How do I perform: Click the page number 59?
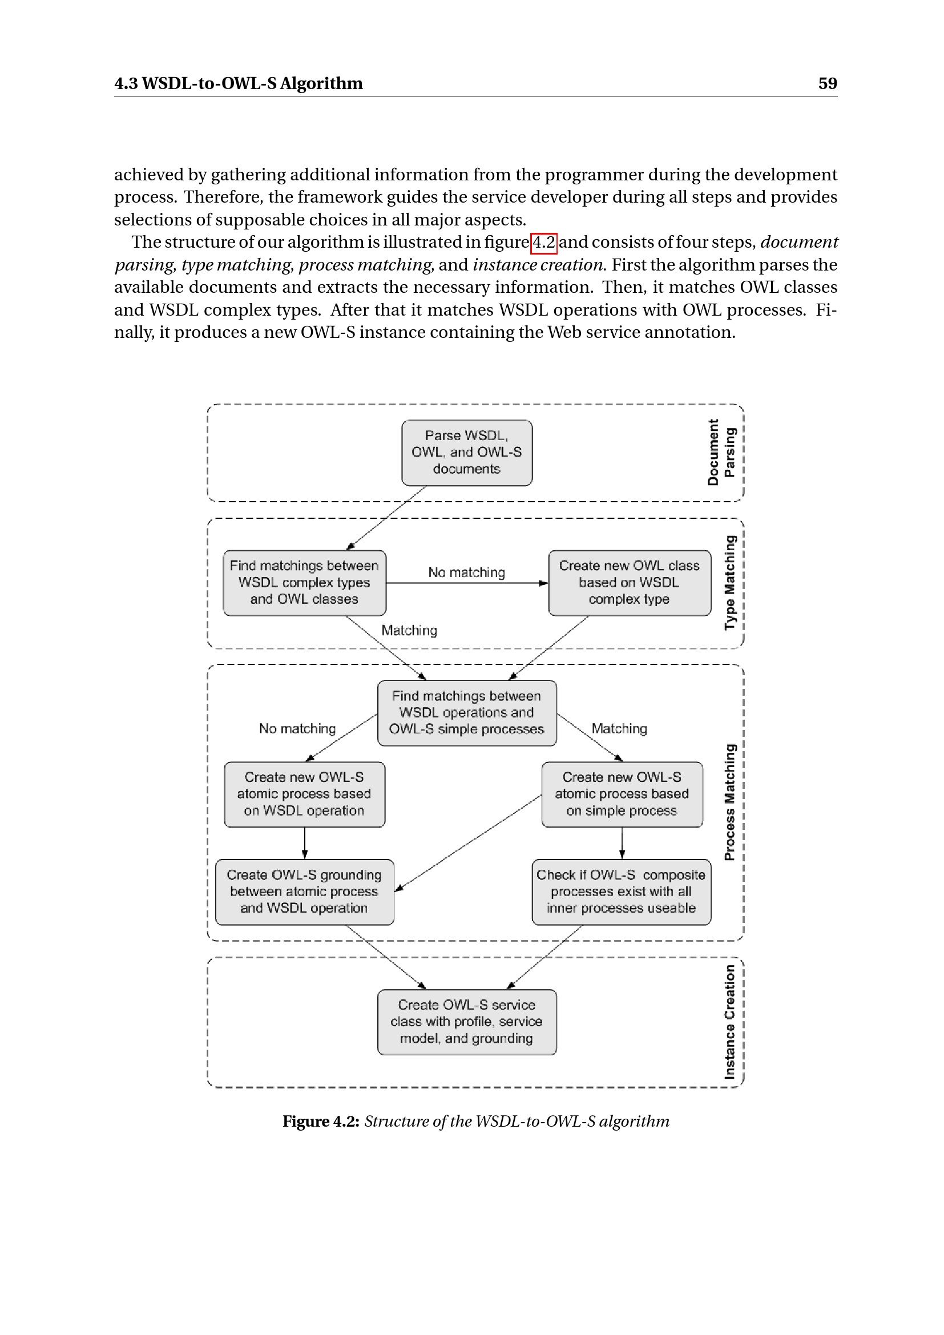point(827,83)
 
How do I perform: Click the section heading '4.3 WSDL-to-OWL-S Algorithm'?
point(239,83)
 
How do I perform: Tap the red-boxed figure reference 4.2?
point(544,242)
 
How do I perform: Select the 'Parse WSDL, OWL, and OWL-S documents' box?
point(467,453)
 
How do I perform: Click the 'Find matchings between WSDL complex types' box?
point(305,583)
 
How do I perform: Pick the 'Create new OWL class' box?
point(630,583)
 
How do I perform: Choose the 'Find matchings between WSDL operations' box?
point(467,713)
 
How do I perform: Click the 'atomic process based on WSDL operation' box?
point(305,794)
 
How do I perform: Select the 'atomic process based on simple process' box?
point(622,794)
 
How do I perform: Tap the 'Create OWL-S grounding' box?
point(305,892)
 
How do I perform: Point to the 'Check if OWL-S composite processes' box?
point(622,892)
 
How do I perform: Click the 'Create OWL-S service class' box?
point(467,1022)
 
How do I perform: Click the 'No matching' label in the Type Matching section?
point(467,572)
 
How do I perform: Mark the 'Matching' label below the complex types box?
point(409,630)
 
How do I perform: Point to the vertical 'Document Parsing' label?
point(721,453)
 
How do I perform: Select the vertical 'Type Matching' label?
point(729,583)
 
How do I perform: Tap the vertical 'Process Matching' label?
point(729,802)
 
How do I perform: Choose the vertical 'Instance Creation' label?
point(729,1022)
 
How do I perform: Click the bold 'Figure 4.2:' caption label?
point(321,1121)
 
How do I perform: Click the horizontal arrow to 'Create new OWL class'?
point(467,583)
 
